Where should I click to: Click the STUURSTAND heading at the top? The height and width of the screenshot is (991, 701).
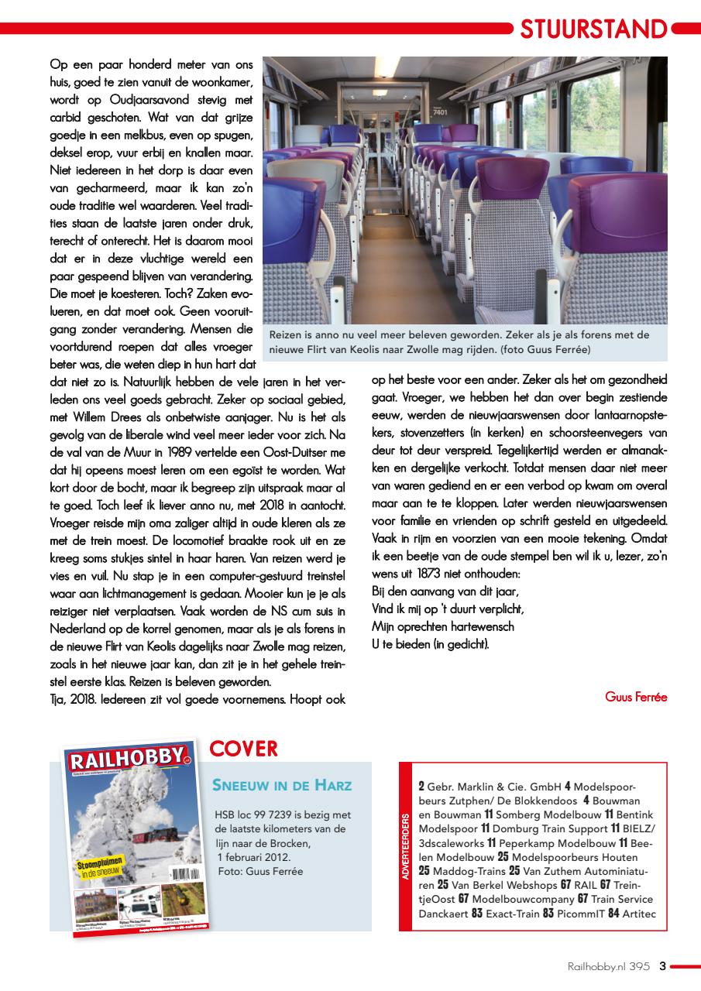click(x=593, y=29)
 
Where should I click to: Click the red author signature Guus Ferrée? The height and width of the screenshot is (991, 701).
click(x=635, y=696)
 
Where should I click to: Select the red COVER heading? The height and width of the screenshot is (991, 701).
click(x=243, y=748)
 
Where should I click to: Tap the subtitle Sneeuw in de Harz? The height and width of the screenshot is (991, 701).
click(x=282, y=785)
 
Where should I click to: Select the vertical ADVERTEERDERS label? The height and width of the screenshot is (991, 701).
click(x=407, y=846)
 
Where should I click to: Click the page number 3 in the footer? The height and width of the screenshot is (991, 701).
click(x=662, y=965)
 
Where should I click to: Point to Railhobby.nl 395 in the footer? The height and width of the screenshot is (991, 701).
click(x=608, y=965)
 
